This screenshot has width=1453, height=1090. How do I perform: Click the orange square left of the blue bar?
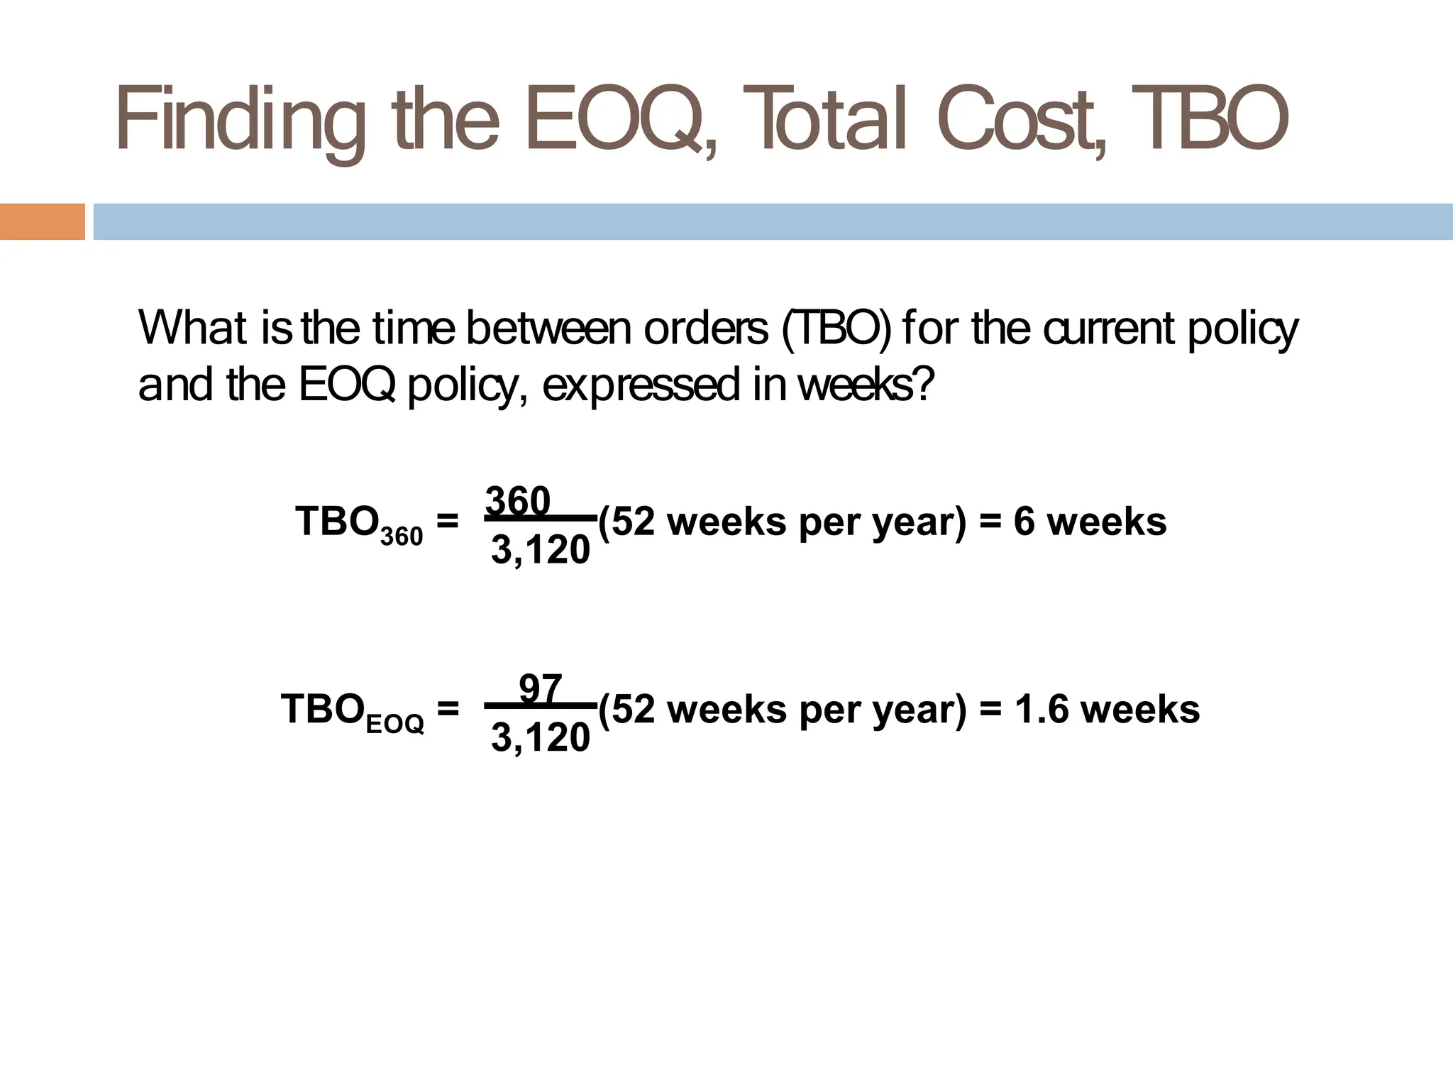[x=42, y=221]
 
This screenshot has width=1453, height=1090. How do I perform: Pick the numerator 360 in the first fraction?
[x=518, y=501]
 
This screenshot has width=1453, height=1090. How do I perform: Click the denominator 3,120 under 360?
[x=540, y=550]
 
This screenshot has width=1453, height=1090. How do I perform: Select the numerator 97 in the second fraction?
[x=541, y=689]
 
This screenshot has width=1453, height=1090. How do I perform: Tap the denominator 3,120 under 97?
[x=540, y=738]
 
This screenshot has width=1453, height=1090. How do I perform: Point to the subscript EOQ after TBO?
[x=395, y=725]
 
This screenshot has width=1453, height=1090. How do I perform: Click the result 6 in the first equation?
[x=1024, y=522]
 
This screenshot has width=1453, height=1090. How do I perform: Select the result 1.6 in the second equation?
[x=1041, y=710]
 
